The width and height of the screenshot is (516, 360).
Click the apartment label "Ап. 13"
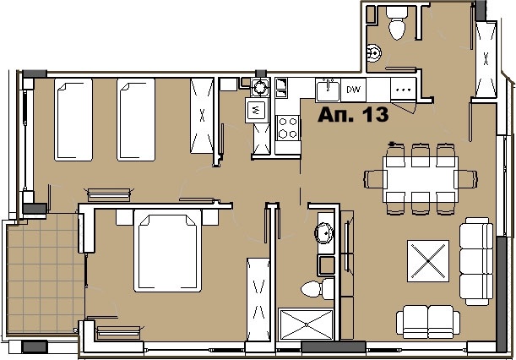[353, 115]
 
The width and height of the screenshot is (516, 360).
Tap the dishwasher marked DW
[354, 90]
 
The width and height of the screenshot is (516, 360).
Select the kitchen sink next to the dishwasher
[328, 90]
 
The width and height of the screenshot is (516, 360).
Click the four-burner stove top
[288, 128]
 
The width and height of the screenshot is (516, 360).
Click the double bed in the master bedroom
[167, 251]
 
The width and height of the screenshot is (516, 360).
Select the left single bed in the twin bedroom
[73, 119]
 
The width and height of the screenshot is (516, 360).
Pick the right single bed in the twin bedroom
[136, 119]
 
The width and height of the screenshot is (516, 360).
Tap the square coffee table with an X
[428, 261]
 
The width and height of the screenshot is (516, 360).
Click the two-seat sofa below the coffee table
[428, 321]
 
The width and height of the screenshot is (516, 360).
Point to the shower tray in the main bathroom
[306, 325]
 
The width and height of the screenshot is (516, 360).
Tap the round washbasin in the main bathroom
[324, 233]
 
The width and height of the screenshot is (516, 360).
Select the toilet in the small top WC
[397, 24]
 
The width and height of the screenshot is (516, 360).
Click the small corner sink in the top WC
[374, 52]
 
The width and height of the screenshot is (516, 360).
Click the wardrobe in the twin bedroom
[202, 116]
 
